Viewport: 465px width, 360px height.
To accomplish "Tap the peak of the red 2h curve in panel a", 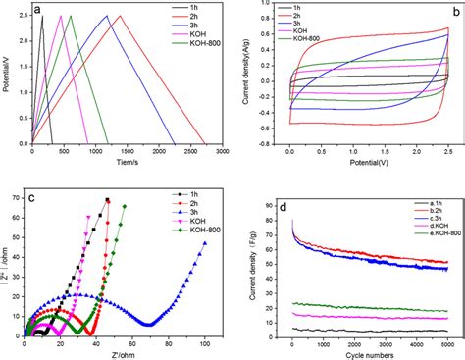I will (x=121, y=17).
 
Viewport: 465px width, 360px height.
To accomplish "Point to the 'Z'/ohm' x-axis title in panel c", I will (x=122, y=352).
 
